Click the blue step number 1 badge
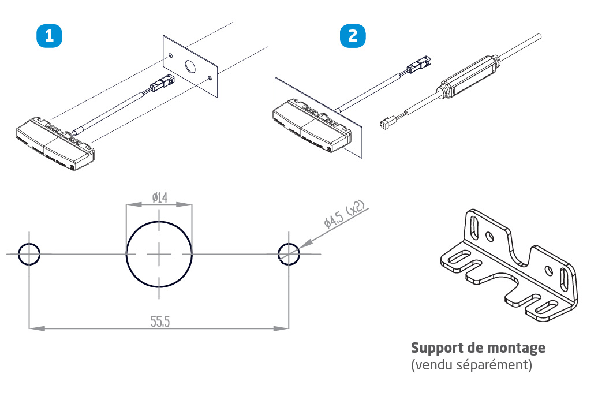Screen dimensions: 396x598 click(x=50, y=36)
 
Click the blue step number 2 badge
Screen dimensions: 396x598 click(x=352, y=36)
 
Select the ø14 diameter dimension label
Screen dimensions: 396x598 click(x=160, y=197)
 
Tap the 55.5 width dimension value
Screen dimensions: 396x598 click(x=160, y=322)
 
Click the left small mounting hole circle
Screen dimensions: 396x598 click(x=29, y=253)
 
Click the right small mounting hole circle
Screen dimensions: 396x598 click(x=289, y=253)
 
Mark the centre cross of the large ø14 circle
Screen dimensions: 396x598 click(x=159, y=253)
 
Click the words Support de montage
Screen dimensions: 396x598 click(x=478, y=348)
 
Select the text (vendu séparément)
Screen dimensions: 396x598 click(x=471, y=365)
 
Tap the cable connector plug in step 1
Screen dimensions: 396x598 click(x=159, y=87)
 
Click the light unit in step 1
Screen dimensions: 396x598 click(x=54, y=142)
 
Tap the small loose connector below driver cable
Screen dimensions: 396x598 click(x=387, y=122)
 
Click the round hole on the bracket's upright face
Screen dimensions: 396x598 click(x=489, y=236)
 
